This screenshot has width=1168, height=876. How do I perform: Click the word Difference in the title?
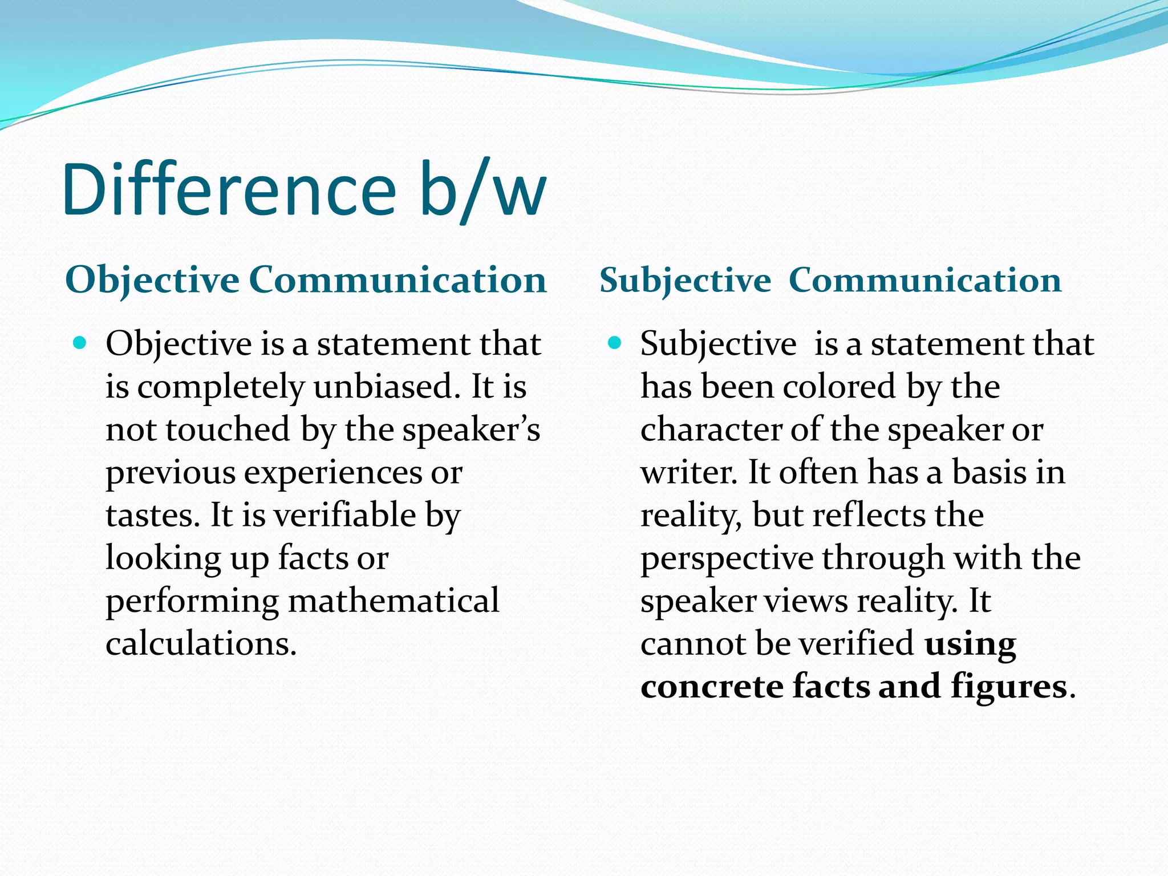coord(228,189)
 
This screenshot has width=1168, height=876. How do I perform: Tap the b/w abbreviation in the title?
coord(482,189)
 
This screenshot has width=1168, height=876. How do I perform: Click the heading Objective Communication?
coord(306,280)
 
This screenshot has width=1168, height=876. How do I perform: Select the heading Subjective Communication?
coord(830,280)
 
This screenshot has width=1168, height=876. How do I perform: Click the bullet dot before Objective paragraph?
coord(80,343)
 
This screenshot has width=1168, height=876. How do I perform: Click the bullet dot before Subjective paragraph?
coord(614,343)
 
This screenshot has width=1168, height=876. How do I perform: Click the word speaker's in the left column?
coord(471,429)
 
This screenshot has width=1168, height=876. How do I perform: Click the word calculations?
coord(201,643)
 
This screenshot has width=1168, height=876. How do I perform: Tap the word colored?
coord(839,387)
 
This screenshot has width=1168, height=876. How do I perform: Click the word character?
coord(711,429)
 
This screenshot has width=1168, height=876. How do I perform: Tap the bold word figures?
coord(1008,686)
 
